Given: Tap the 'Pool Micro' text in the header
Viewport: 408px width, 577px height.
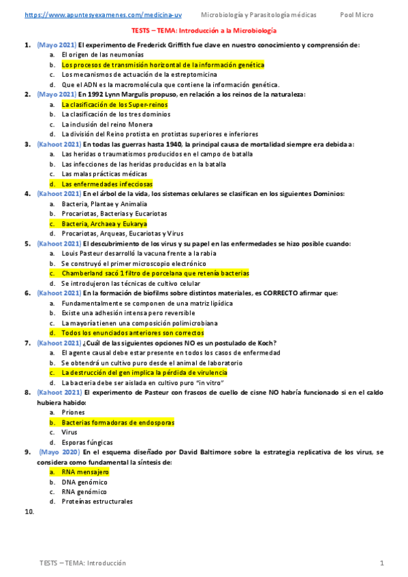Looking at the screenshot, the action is [x=357, y=14].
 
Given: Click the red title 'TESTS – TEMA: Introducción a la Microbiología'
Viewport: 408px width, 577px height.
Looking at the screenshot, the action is [x=204, y=31].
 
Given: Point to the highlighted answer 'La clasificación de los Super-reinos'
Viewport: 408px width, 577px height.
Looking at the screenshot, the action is [x=114, y=105].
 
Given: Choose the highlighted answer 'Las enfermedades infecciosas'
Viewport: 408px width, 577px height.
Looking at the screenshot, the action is [x=107, y=184].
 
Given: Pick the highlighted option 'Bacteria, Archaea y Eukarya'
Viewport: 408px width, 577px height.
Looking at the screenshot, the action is [x=104, y=224].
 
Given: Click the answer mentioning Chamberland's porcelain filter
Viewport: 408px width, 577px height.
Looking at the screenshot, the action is [x=155, y=274].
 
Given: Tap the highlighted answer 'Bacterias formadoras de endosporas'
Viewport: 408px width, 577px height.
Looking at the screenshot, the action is [x=118, y=423].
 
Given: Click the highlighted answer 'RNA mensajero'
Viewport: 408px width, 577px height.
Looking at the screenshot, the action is [x=85, y=472].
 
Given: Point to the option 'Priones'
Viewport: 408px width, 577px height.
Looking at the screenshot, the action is [x=73, y=412].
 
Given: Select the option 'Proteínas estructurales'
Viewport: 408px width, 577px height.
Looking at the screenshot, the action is [x=97, y=501].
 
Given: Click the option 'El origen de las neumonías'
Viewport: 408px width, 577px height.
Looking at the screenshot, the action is [x=102, y=55].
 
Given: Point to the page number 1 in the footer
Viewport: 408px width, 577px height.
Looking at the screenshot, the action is [x=382, y=563].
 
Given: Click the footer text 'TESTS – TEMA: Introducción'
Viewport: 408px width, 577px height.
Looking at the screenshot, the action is [x=83, y=563].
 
